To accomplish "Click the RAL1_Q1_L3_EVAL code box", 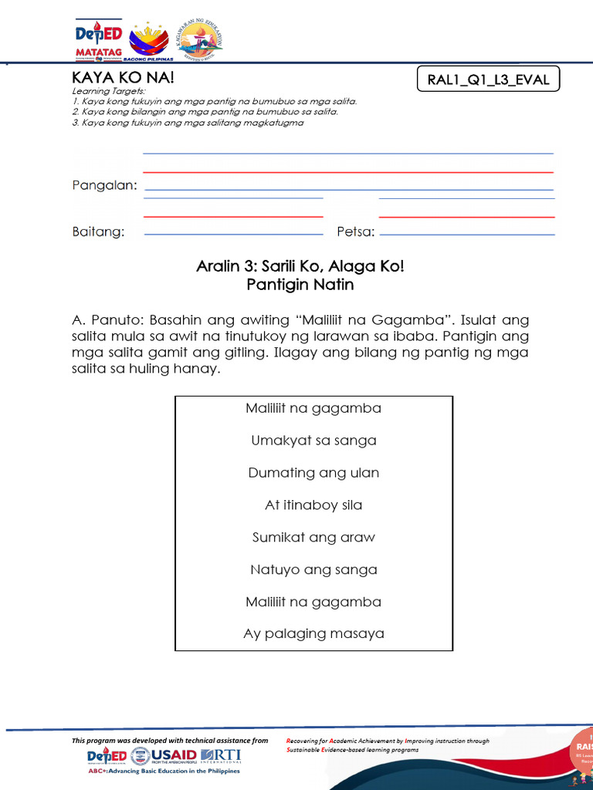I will click(x=488, y=79).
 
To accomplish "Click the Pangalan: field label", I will click(x=105, y=186).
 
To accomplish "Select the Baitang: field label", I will click(x=98, y=232).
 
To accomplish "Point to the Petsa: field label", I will click(x=355, y=232).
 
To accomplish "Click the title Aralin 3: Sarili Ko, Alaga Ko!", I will click(x=300, y=267).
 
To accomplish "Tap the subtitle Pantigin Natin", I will click(x=300, y=285).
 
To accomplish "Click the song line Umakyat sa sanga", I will click(x=313, y=441).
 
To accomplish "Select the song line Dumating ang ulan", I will click(x=313, y=473).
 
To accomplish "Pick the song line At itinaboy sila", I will click(x=313, y=505).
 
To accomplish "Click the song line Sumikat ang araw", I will click(x=313, y=538).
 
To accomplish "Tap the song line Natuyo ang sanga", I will click(x=313, y=570).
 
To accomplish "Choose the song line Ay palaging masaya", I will click(x=313, y=634).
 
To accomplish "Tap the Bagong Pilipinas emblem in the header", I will click(x=148, y=42).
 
